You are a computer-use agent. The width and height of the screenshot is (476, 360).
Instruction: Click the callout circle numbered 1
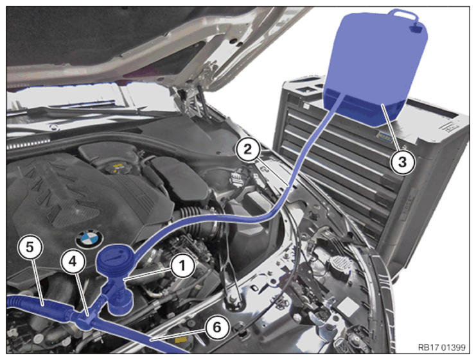coord(182,266)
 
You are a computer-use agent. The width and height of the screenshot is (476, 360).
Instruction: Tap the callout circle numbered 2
coord(248,150)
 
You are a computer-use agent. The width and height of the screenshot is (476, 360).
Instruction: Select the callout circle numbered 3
coord(402,162)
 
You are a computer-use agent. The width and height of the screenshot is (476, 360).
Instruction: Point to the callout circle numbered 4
coord(72,262)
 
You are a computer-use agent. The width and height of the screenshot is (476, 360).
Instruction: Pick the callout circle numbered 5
coord(30,248)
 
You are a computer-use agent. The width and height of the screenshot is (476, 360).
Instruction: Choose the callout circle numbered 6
coord(217,327)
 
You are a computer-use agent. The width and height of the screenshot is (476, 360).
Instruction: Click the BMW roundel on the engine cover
coord(89,238)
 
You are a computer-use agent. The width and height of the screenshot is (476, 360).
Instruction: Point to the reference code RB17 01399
coord(441,347)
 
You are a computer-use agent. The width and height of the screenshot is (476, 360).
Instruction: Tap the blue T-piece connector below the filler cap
coord(85,318)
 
